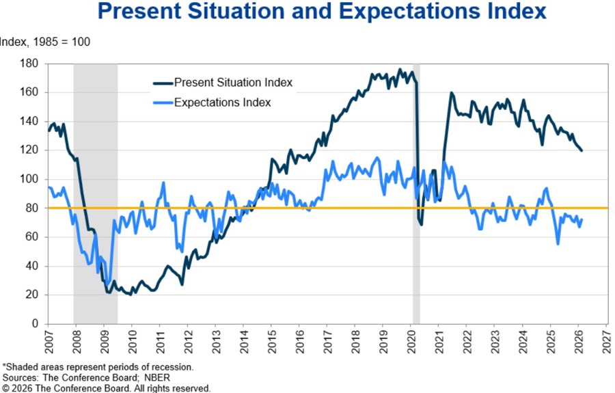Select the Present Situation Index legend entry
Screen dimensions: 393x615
click(233, 83)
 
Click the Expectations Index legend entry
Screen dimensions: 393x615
click(222, 103)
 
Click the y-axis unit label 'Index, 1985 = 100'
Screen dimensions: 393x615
click(44, 42)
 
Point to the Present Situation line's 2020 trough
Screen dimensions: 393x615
click(421, 224)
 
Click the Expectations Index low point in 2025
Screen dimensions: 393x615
click(558, 243)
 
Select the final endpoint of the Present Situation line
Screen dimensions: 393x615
click(582, 150)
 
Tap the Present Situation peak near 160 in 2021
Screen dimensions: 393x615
click(451, 92)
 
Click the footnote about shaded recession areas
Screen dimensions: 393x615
click(98, 367)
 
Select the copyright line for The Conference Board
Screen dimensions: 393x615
click(106, 388)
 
